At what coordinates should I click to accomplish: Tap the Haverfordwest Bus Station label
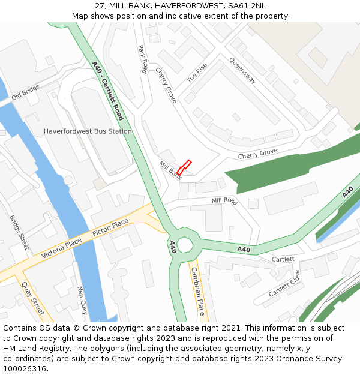coord(88,131)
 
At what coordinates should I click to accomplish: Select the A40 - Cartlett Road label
coord(109,91)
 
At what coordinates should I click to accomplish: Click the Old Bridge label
coord(25,92)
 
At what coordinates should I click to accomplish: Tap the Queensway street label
coord(242,71)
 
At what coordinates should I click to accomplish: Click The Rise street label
coord(197,73)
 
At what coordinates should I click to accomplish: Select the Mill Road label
coord(224,202)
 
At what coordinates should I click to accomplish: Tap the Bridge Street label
coord(19,232)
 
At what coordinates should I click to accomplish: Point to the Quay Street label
coord(33,298)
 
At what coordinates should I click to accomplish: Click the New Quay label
coord(82,300)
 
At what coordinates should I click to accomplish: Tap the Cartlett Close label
coord(284,284)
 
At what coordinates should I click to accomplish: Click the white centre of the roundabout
coord(184,245)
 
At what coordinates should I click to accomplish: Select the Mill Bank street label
coord(170,170)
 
